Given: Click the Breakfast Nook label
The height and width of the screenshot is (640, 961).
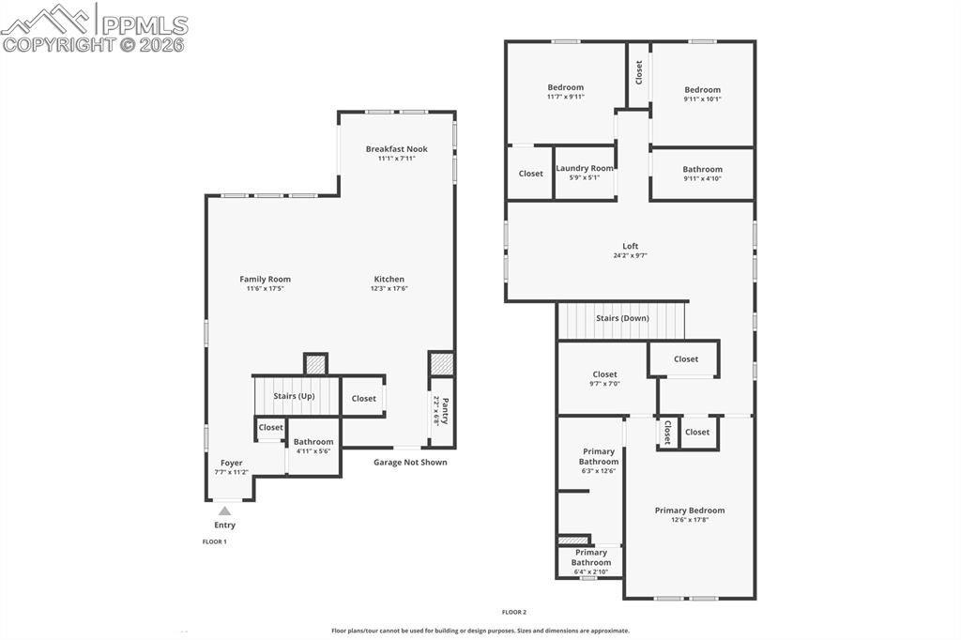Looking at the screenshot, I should tap(396, 149).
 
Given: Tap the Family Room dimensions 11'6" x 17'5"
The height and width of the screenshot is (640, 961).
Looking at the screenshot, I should tap(265, 289).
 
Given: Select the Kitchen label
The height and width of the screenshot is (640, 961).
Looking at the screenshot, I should tap(389, 279).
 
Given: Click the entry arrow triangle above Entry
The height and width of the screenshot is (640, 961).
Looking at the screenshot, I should tap(224, 510).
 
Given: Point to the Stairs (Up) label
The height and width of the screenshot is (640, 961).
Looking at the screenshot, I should tap(294, 396).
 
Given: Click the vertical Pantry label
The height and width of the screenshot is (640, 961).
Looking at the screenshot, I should tap(445, 410).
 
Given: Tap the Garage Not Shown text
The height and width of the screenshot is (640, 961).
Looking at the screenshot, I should tap(410, 462).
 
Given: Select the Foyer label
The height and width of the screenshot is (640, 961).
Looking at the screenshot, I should tap(231, 463).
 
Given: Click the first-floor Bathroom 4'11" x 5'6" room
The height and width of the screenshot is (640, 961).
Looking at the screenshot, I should tap(313, 446).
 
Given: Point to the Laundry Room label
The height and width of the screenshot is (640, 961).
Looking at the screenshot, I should tap(585, 168).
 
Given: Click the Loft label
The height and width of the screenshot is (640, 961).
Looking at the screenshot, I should tap(630, 246).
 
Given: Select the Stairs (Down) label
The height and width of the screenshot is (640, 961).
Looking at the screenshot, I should tap(622, 318).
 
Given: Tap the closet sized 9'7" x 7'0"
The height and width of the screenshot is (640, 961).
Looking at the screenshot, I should tap(604, 378).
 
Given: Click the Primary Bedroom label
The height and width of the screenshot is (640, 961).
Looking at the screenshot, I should tap(690, 510).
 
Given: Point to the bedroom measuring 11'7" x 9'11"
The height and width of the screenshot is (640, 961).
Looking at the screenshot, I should tap(566, 91).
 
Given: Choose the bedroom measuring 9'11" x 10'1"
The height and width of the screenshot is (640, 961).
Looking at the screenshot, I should tap(702, 94).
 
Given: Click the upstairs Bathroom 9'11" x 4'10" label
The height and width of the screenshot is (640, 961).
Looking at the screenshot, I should tap(702, 170).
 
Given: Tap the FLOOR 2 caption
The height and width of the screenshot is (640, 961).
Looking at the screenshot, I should tap(513, 612).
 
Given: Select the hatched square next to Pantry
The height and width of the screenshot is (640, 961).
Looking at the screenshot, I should tap(441, 364).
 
